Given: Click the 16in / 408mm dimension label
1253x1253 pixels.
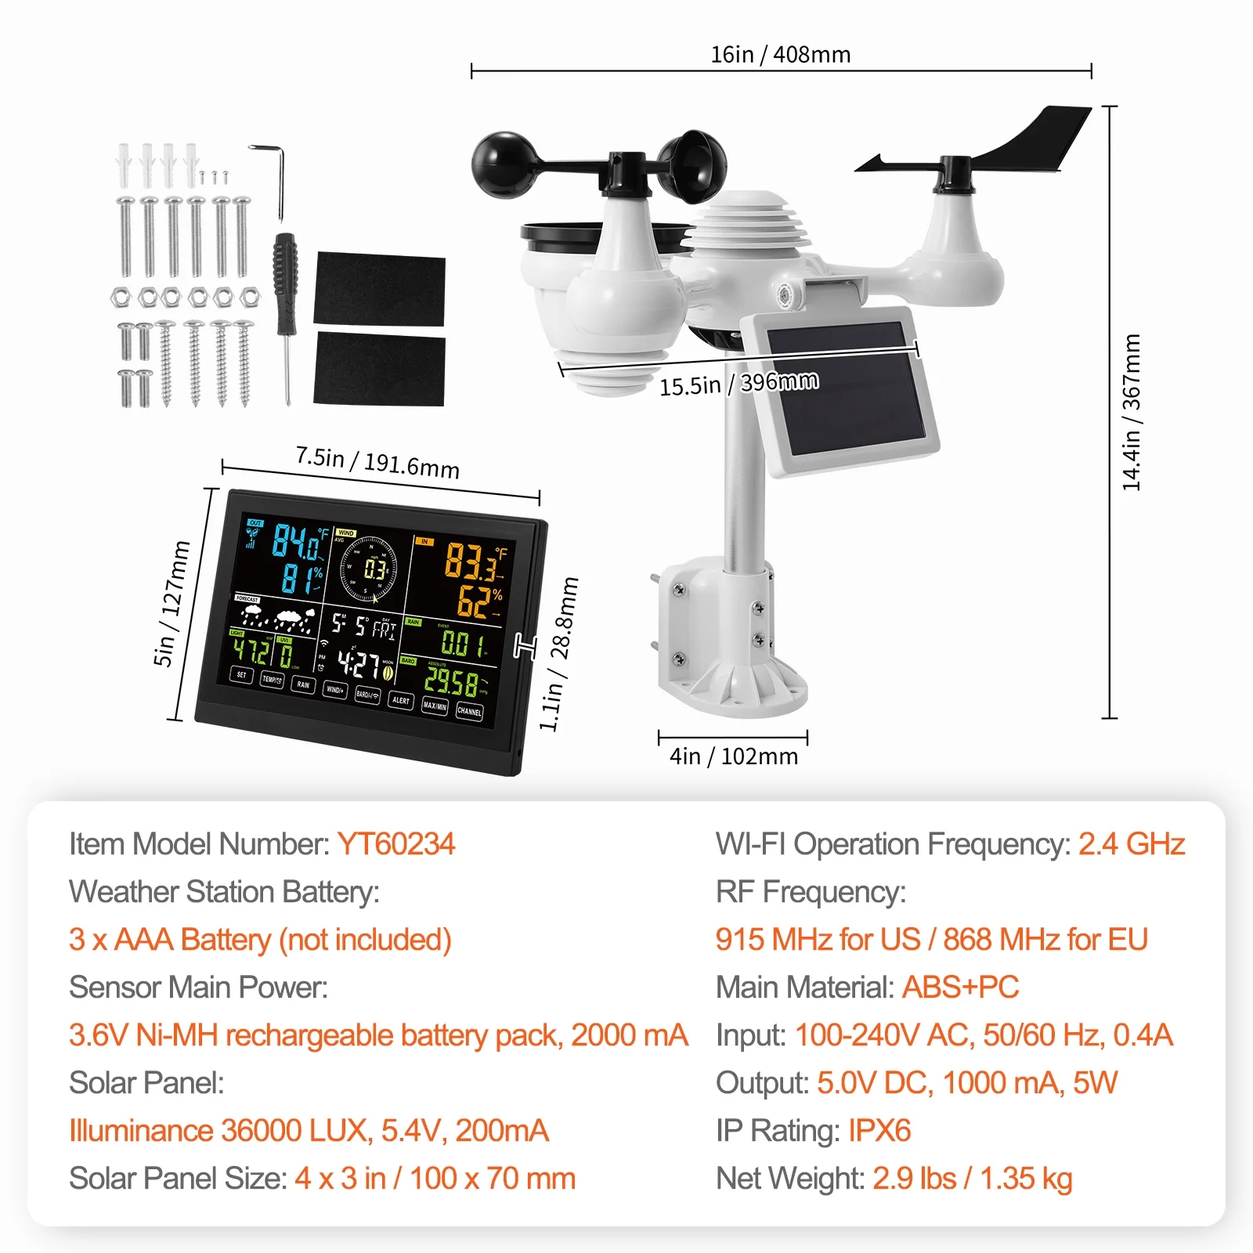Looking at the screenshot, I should tap(780, 54).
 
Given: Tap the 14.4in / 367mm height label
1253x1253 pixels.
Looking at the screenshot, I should tap(1132, 412).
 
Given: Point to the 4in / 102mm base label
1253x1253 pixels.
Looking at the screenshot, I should tap(733, 756).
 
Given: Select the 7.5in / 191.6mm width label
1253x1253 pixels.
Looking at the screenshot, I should tap(377, 462).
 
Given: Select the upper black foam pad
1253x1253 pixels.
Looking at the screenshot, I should tap(379, 289).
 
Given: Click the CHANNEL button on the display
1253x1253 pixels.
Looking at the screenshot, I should tap(469, 711).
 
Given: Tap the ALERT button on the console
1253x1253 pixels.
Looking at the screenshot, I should tap(400, 699).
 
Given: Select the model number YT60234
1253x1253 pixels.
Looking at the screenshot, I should tap(395, 844).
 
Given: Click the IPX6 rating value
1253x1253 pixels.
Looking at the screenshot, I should tap(879, 1131).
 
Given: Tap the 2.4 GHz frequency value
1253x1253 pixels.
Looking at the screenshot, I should tap(1131, 844).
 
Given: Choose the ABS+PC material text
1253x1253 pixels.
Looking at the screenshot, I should tap(960, 988).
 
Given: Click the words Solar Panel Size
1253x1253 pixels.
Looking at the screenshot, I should tap(176, 1179).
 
